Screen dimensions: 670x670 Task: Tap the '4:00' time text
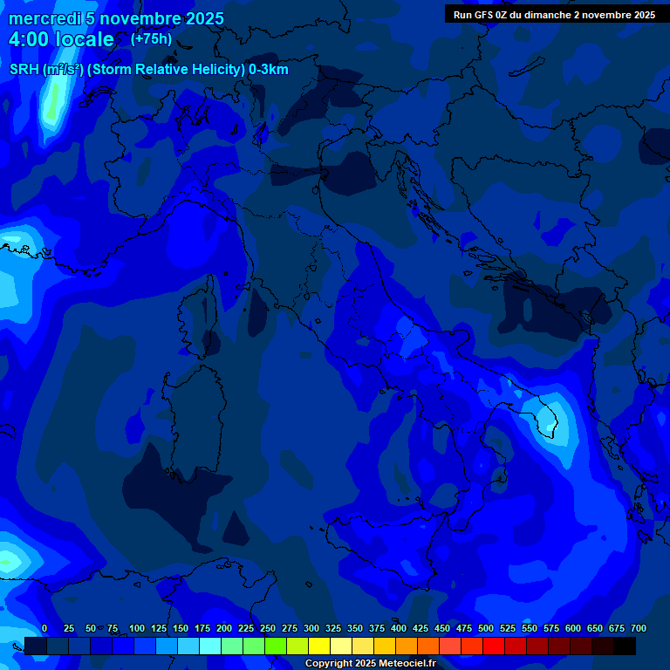pos(30,40)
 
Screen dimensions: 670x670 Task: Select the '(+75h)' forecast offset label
pos(151,39)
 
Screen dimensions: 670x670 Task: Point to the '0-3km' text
pos(269,70)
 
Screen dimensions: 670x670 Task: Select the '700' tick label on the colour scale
pos(638,628)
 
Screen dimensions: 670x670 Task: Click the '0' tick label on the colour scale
pos(44,628)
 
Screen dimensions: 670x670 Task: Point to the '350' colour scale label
pos(355,628)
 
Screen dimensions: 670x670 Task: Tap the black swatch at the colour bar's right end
pos(625,646)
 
